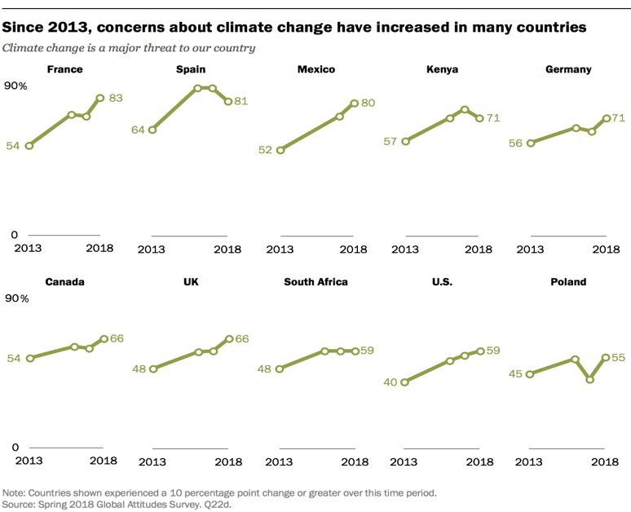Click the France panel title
click(x=65, y=69)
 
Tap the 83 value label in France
click(x=116, y=98)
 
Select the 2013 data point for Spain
click(x=152, y=130)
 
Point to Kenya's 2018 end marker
click(x=479, y=118)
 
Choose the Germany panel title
click(x=568, y=69)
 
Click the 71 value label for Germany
click(x=618, y=118)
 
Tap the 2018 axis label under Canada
click(x=103, y=461)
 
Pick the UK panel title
click(x=191, y=282)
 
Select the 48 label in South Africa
click(x=263, y=369)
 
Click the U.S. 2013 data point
click(x=404, y=382)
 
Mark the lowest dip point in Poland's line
click(x=589, y=380)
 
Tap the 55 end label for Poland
click(x=618, y=357)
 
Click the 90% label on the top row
click(x=15, y=86)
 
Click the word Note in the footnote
click(x=14, y=493)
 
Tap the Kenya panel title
click(x=442, y=69)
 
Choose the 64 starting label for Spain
click(x=138, y=130)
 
